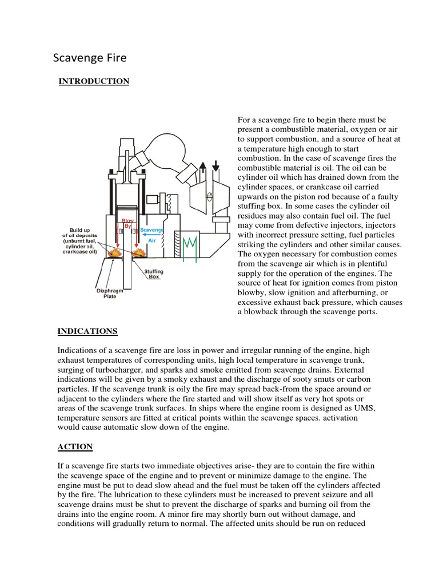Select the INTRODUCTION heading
[94, 81]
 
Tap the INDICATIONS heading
[87, 331]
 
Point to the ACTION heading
[75, 446]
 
